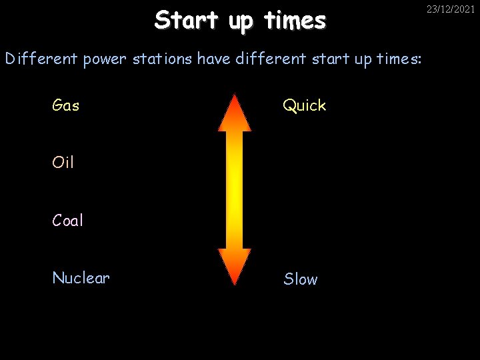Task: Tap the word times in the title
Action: pyautogui.click(x=295, y=21)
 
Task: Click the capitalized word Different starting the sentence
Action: pyautogui.click(x=41, y=59)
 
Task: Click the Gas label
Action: pyautogui.click(x=66, y=105)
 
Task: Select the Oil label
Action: pyautogui.click(x=63, y=163)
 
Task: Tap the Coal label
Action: pyautogui.click(x=68, y=221)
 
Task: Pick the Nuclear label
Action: pyautogui.click(x=81, y=278)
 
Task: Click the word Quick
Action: pyautogui.click(x=305, y=105)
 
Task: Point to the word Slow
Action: pyautogui.click(x=301, y=279)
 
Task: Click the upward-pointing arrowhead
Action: pyautogui.click(x=235, y=114)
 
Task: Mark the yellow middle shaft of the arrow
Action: pyautogui.click(x=235, y=190)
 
